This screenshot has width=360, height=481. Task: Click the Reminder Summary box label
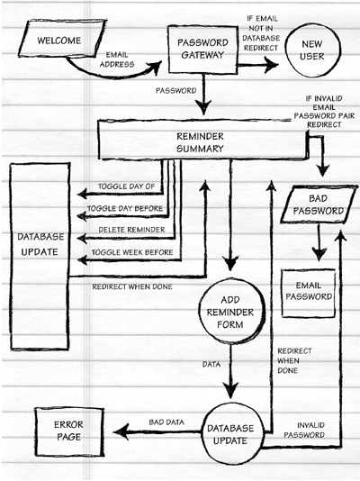pyautogui.click(x=200, y=142)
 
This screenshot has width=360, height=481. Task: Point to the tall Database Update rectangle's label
pyautogui.click(x=40, y=244)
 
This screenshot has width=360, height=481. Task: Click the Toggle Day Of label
pyautogui.click(x=126, y=186)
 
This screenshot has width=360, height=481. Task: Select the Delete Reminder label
pyautogui.click(x=131, y=230)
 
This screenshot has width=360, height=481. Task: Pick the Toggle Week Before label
pyautogui.click(x=132, y=252)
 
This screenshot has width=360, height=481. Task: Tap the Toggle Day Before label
pyautogui.click(x=125, y=209)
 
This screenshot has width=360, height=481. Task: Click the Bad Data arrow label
pyautogui.click(x=166, y=422)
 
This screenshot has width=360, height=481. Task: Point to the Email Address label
pyautogui.click(x=117, y=59)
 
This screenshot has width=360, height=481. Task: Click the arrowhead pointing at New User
pyautogui.click(x=271, y=65)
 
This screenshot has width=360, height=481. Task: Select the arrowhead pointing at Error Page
pyautogui.click(x=121, y=432)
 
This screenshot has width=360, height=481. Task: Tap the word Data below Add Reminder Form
pyautogui.click(x=211, y=365)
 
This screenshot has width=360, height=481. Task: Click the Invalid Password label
pyautogui.click(x=304, y=430)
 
